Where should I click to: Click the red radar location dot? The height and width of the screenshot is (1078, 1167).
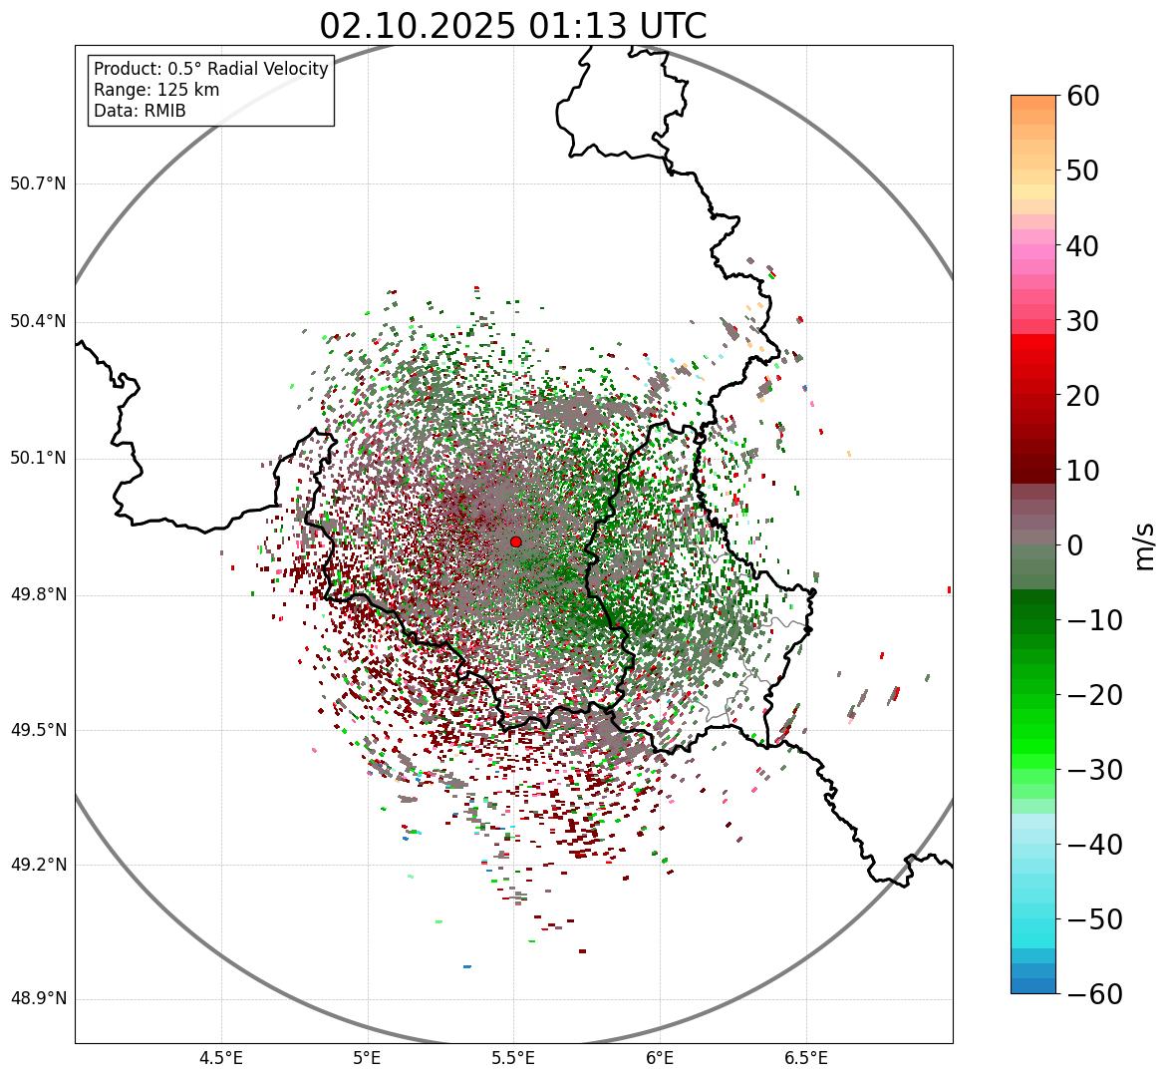click(515, 541)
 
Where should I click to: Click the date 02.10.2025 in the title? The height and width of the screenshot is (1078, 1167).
click(418, 26)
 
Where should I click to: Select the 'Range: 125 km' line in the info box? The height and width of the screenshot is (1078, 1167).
click(156, 90)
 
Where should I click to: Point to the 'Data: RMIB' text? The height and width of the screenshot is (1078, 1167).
click(140, 111)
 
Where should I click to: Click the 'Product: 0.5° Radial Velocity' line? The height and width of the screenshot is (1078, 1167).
click(210, 69)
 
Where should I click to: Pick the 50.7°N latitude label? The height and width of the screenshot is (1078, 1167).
click(38, 183)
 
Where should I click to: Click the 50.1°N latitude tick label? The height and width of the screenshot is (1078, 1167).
click(38, 459)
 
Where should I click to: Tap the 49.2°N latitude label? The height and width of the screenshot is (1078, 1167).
click(38, 865)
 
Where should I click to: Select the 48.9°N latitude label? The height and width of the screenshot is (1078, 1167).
click(38, 999)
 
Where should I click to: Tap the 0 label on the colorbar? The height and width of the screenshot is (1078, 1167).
click(1075, 545)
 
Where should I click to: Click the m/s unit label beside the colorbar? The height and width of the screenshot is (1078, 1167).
click(1145, 545)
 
